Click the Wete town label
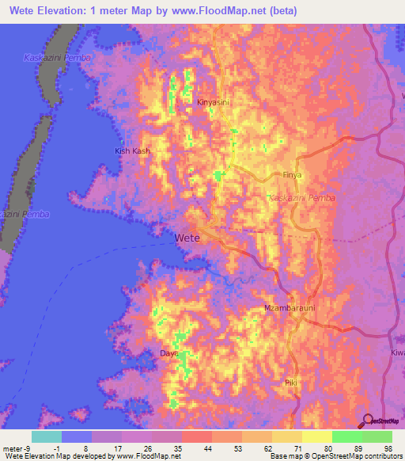point(187,237)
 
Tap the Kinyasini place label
point(213,102)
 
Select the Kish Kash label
point(132,150)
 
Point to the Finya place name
point(293,174)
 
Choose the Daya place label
point(168,352)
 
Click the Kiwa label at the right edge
point(397,352)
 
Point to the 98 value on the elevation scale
point(387,448)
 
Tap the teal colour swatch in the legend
point(47,436)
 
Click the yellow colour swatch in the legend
point(317,436)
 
